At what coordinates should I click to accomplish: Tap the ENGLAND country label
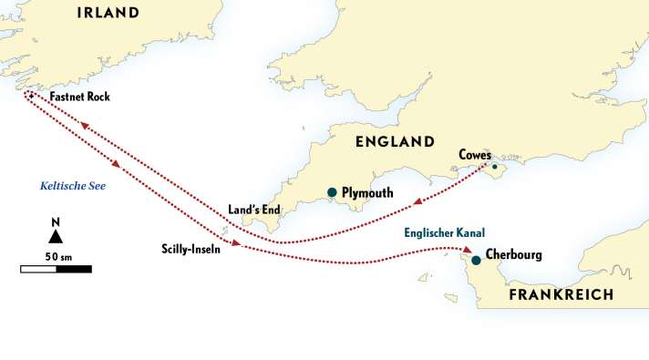point(395,142)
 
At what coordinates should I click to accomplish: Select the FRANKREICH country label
point(561,294)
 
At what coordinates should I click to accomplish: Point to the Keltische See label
point(73,185)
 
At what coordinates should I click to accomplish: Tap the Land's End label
point(254,210)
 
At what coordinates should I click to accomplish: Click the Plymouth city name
point(367,193)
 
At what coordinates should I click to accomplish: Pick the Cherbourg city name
point(514,254)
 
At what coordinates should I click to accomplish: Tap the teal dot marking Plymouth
point(333,192)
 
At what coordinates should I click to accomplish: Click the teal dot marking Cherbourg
point(476,261)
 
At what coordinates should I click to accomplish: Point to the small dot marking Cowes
point(495,167)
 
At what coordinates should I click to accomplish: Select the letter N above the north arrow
point(56,221)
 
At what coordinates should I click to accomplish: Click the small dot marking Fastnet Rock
point(29,96)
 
